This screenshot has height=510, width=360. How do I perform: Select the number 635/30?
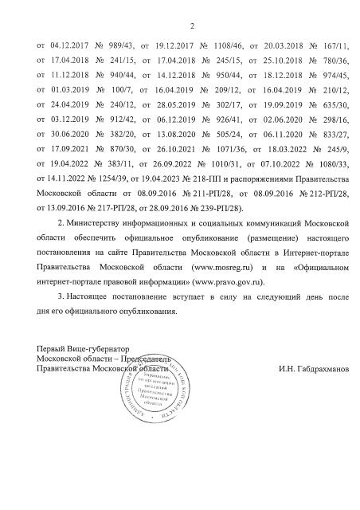click(334, 111)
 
